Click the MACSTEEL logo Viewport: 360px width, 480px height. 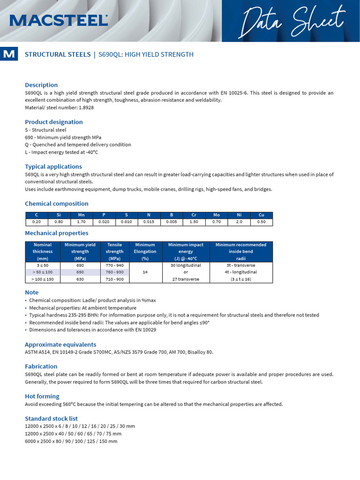59,20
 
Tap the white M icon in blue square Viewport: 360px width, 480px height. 8,54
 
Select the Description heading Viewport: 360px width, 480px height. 41,85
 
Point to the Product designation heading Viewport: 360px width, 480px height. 53,122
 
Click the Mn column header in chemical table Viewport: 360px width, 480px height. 81,215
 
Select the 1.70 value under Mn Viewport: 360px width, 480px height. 81,222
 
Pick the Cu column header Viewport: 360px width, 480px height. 261,215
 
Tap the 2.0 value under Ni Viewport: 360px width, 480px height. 239,222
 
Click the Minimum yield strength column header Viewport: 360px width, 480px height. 80,251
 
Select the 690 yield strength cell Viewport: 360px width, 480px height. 80,265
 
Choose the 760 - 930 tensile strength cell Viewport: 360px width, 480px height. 114,272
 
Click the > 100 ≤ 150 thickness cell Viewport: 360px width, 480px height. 43,279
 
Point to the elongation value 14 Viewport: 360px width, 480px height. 145,272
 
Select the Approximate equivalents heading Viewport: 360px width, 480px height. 60,344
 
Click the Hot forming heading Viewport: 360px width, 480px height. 42,396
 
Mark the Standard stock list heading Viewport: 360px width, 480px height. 51,418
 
